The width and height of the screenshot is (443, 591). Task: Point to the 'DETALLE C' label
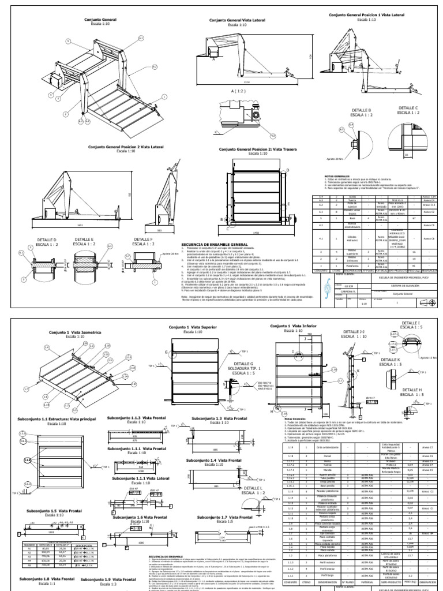click(x=408, y=107)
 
